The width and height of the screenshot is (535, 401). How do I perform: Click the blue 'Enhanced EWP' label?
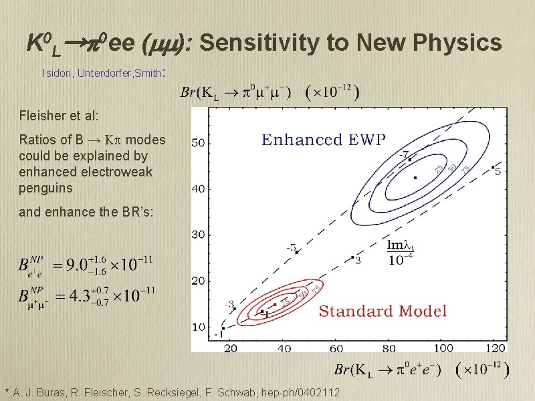point(324,140)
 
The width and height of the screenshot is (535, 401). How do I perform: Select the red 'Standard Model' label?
point(383,311)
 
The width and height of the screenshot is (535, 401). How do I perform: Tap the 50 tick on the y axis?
point(199,142)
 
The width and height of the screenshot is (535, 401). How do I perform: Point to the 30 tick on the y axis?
point(199,235)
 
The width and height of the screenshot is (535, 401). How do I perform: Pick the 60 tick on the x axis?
point(336,348)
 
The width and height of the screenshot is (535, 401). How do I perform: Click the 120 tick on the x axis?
point(496,348)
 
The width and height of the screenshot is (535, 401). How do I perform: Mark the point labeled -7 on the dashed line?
point(409,159)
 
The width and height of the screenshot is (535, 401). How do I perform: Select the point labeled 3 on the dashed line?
point(352,257)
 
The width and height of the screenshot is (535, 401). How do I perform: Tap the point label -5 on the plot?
point(292,248)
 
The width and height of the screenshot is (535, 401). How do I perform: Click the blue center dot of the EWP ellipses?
point(415,178)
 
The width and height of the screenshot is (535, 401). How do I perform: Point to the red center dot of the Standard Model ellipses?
point(275,305)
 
